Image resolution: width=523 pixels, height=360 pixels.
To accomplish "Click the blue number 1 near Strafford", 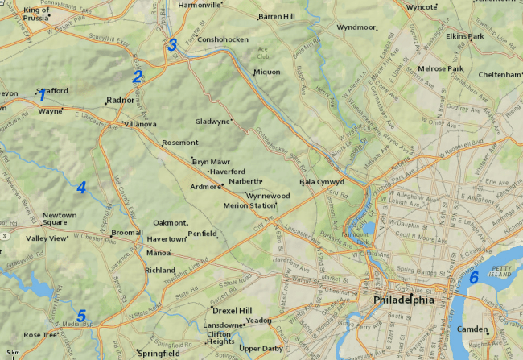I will coord(42,95).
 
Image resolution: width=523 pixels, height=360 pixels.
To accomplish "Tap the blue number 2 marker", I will coord(138,77).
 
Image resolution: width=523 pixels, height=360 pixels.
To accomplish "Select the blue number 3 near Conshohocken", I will coord(171,45).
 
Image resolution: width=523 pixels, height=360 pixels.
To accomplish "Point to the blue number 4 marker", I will coord(81,188).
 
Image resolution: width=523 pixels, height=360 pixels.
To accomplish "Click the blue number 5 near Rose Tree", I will coord(80,316).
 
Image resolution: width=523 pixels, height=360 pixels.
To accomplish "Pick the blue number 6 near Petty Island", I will coord(473,278).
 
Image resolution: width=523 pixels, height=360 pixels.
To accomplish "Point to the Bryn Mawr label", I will coord(211,162).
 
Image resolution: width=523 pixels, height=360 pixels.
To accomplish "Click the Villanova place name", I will coord(140,124).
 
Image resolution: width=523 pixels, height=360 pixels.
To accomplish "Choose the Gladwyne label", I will coord(212,122).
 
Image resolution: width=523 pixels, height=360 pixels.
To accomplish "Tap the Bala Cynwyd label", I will coord(322,182).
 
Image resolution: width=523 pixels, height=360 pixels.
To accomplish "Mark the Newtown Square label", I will coord(60,219).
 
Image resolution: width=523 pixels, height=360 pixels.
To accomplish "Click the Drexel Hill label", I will coord(233,310).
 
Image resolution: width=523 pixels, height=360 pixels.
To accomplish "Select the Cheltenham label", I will coord(499,74).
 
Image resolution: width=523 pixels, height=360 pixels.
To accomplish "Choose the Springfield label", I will coord(159,353).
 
